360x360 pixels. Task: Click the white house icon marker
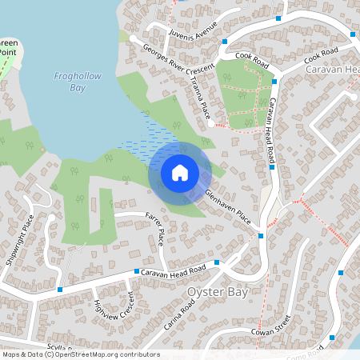click(180, 172)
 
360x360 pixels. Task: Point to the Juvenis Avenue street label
click(194, 30)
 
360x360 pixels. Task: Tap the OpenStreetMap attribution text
click(80, 354)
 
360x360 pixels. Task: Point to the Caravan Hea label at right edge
click(333, 70)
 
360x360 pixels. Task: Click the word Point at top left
click(8, 51)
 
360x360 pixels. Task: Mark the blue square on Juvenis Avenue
click(226, 42)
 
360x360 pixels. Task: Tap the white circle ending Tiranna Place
click(210, 124)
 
